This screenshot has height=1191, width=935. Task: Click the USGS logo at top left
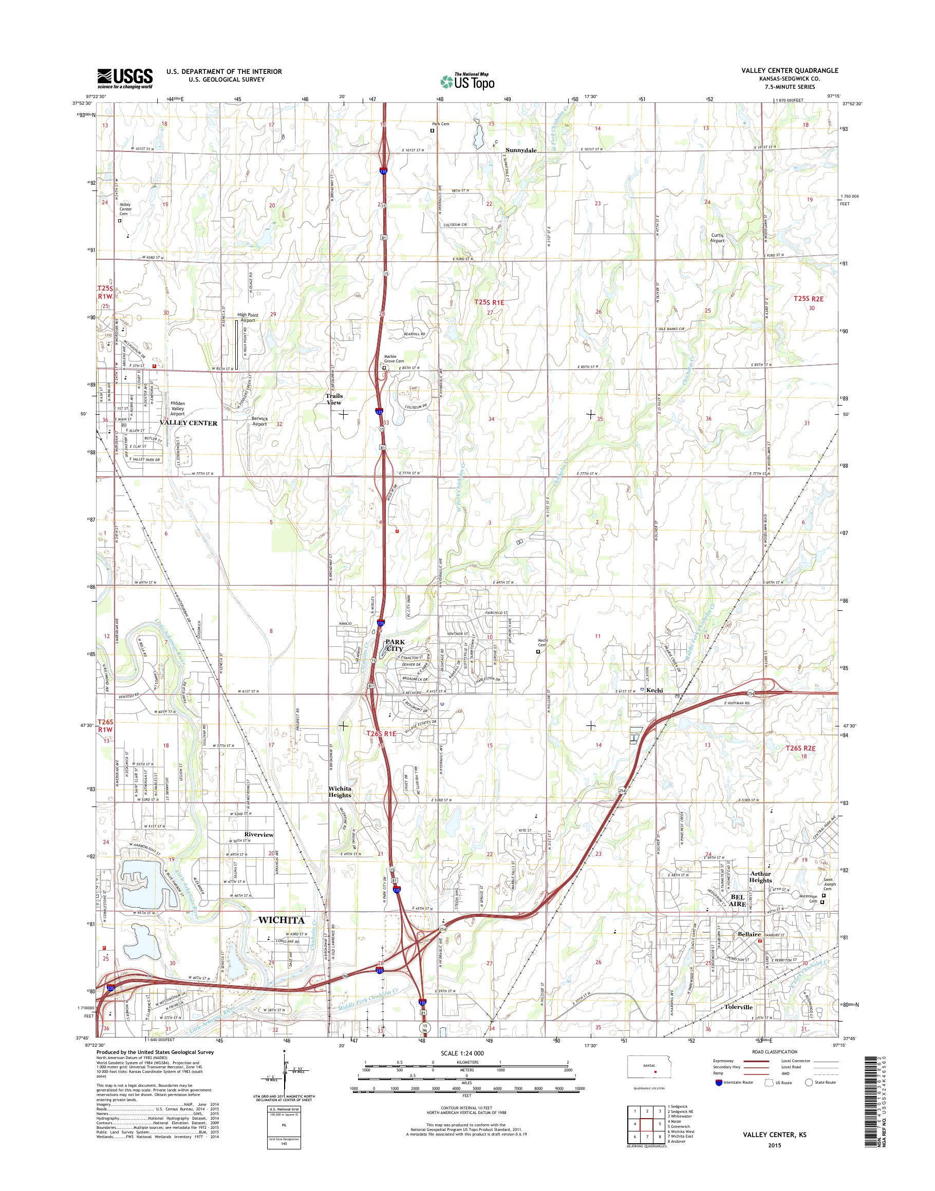pyautogui.click(x=125, y=78)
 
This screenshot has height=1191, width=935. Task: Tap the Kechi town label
pyautogui.click(x=654, y=690)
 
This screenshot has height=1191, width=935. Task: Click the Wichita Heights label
pyautogui.click(x=340, y=792)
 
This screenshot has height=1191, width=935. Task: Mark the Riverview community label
pyautogui.click(x=258, y=835)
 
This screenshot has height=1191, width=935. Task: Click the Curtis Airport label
pyautogui.click(x=717, y=238)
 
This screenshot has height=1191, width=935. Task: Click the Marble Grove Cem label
pyautogui.click(x=394, y=359)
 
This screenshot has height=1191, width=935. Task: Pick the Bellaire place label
pyautogui.click(x=749, y=934)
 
